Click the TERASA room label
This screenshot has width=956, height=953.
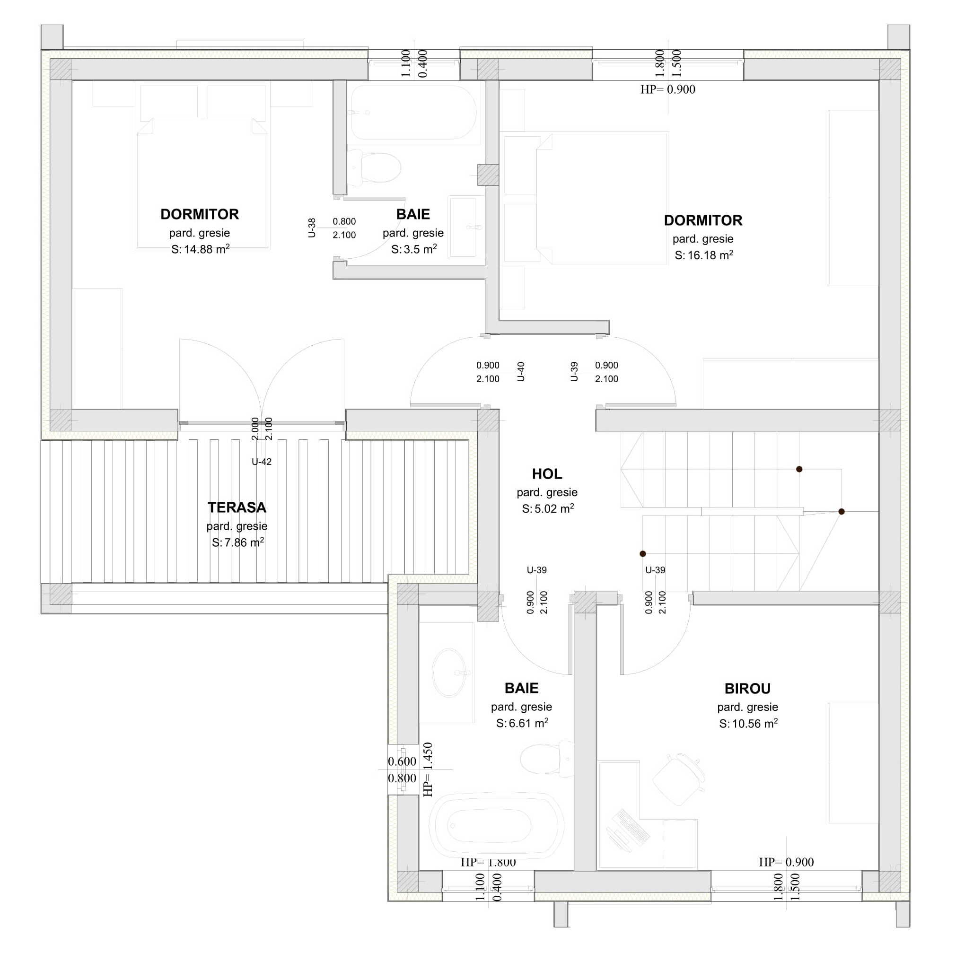coord(237,507)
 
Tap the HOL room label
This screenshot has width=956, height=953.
coord(547,474)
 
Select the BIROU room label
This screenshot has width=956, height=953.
coord(747,688)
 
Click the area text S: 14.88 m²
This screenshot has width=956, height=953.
coord(200,249)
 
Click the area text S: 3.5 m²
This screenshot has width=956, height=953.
coord(414,249)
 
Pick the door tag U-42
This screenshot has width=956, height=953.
coord(261,462)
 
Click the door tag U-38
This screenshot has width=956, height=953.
coord(312,227)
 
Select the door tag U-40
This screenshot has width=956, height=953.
coord(520,372)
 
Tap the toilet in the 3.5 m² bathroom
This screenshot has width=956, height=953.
coord(374,167)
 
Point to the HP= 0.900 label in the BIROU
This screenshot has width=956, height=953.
coord(786,862)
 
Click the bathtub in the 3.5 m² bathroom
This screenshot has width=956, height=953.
coord(414,113)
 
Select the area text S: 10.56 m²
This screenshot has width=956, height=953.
coord(748,724)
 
